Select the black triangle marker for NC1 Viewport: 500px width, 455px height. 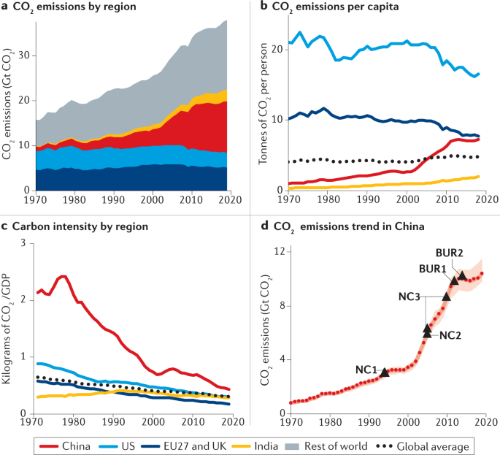tap(385, 372)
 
